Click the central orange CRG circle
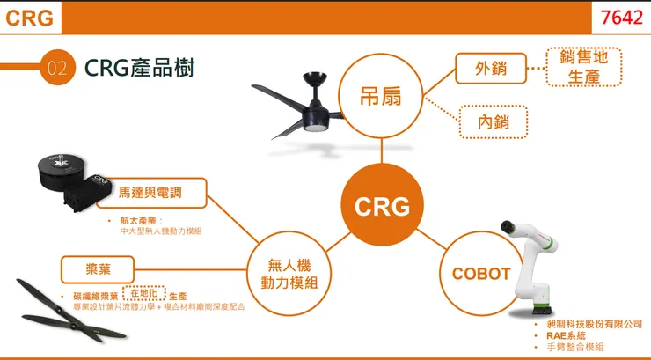[382, 206]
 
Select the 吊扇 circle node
[380, 96]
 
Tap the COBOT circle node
[480, 274]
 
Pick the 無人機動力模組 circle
[289, 274]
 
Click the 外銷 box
[490, 69]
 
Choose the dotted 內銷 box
[494, 122]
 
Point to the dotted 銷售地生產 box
[584, 67]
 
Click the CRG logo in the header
[28, 18]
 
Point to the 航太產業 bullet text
[142, 219]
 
